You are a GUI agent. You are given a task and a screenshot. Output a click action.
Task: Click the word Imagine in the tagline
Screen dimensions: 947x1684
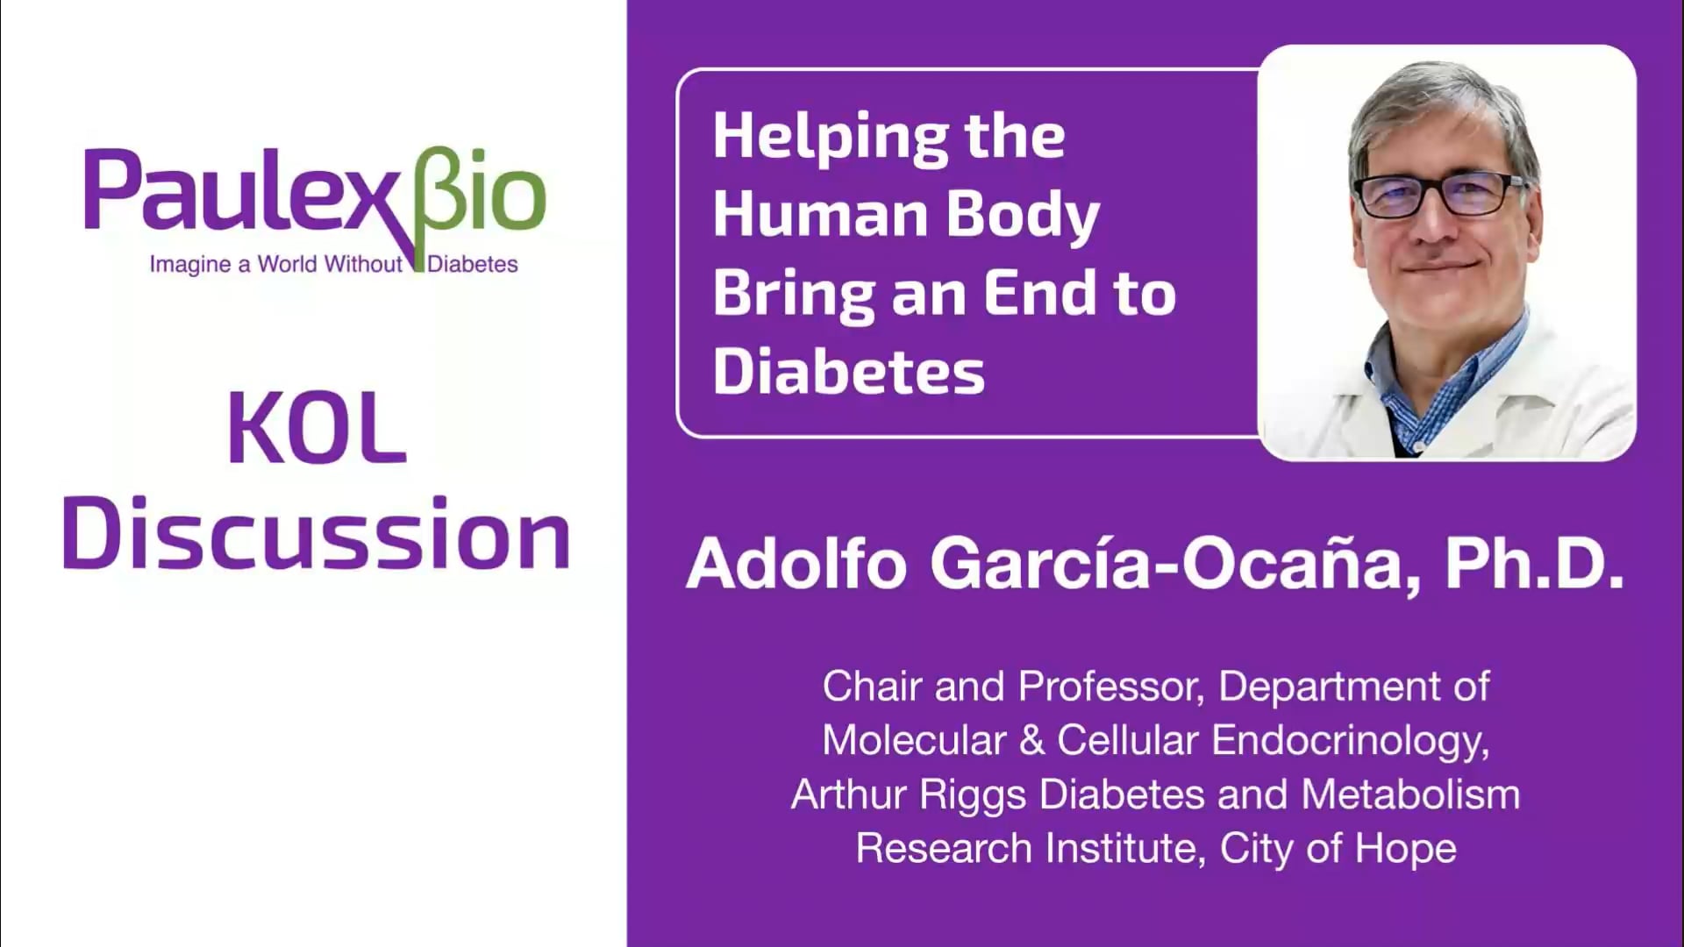[189, 264]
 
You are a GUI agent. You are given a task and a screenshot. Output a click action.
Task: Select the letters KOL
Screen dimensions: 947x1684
[318, 430]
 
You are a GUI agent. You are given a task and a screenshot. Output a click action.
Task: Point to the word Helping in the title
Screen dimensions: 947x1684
[829, 137]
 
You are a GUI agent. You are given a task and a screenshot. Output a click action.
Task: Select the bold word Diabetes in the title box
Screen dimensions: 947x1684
[848, 372]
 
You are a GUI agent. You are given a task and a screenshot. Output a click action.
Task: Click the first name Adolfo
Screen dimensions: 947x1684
[796, 564]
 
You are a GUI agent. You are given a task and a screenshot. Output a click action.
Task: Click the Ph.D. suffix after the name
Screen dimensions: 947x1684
[1534, 564]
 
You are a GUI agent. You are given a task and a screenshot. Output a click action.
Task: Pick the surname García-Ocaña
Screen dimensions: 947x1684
[1167, 564]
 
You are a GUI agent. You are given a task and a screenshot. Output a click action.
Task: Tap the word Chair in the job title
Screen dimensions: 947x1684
[871, 687]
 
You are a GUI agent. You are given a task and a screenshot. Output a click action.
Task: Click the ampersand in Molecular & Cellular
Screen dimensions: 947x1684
[1031, 741]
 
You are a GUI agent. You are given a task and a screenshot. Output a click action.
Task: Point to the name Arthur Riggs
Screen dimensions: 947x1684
[908, 795]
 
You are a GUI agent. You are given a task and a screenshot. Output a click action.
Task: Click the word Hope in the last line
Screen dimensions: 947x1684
[1405, 849]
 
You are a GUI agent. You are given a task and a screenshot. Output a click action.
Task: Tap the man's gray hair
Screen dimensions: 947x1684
[1438, 96]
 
